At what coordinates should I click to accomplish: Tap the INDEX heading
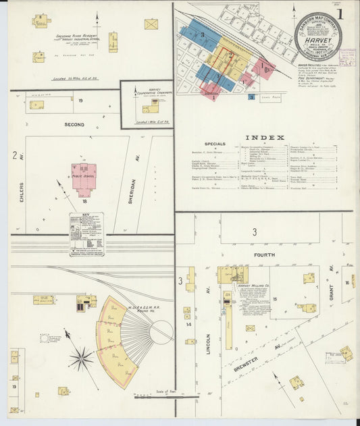(264, 137)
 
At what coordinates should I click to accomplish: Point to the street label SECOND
(74, 125)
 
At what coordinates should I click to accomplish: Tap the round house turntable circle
(161, 331)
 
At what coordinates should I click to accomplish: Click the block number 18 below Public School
(85, 201)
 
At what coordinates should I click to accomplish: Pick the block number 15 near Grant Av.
(276, 298)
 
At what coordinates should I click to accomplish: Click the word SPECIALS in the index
(215, 144)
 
